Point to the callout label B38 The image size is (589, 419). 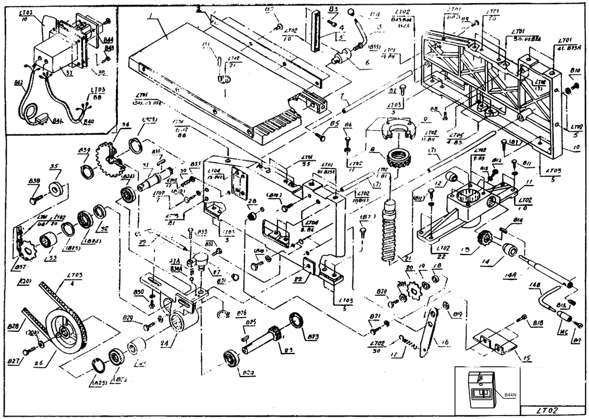34,182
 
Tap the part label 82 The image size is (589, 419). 299,278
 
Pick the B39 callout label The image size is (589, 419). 84,151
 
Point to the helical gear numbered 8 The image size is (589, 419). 390,159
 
